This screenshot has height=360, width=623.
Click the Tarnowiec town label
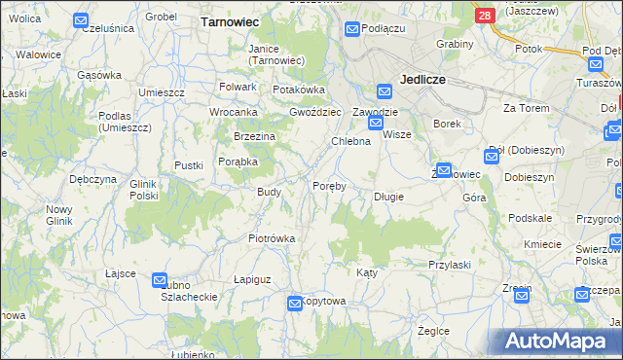pyautogui.click(x=228, y=19)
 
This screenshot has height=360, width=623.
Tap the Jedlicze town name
pyautogui.click(x=421, y=82)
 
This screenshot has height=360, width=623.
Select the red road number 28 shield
pyautogui.click(x=485, y=17)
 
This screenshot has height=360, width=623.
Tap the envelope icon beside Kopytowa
pyautogui.click(x=295, y=305)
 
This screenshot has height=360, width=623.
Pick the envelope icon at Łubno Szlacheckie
pyautogui.click(x=160, y=280)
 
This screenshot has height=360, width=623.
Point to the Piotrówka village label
pyautogui.click(x=272, y=238)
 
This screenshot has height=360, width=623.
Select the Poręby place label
pyautogui.click(x=329, y=186)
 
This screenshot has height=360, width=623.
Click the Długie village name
pyautogui.click(x=388, y=197)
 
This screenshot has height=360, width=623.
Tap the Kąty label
pyautogui.click(x=366, y=272)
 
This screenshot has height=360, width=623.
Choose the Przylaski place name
pyautogui.click(x=450, y=265)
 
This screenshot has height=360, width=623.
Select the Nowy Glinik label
pyautogui.click(x=59, y=215)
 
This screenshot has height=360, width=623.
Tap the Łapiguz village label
pyautogui.click(x=252, y=279)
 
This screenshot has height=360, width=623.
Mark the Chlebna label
pyautogui.click(x=351, y=142)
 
